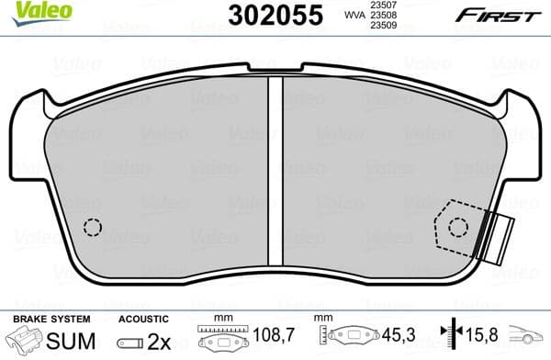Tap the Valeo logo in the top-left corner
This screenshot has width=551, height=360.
coord(29,10)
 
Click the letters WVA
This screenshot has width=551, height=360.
coord(354,16)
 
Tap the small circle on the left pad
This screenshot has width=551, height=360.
coord(92,227)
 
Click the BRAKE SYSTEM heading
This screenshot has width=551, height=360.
coord(51,319)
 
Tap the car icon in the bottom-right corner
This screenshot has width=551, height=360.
coord(531,338)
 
